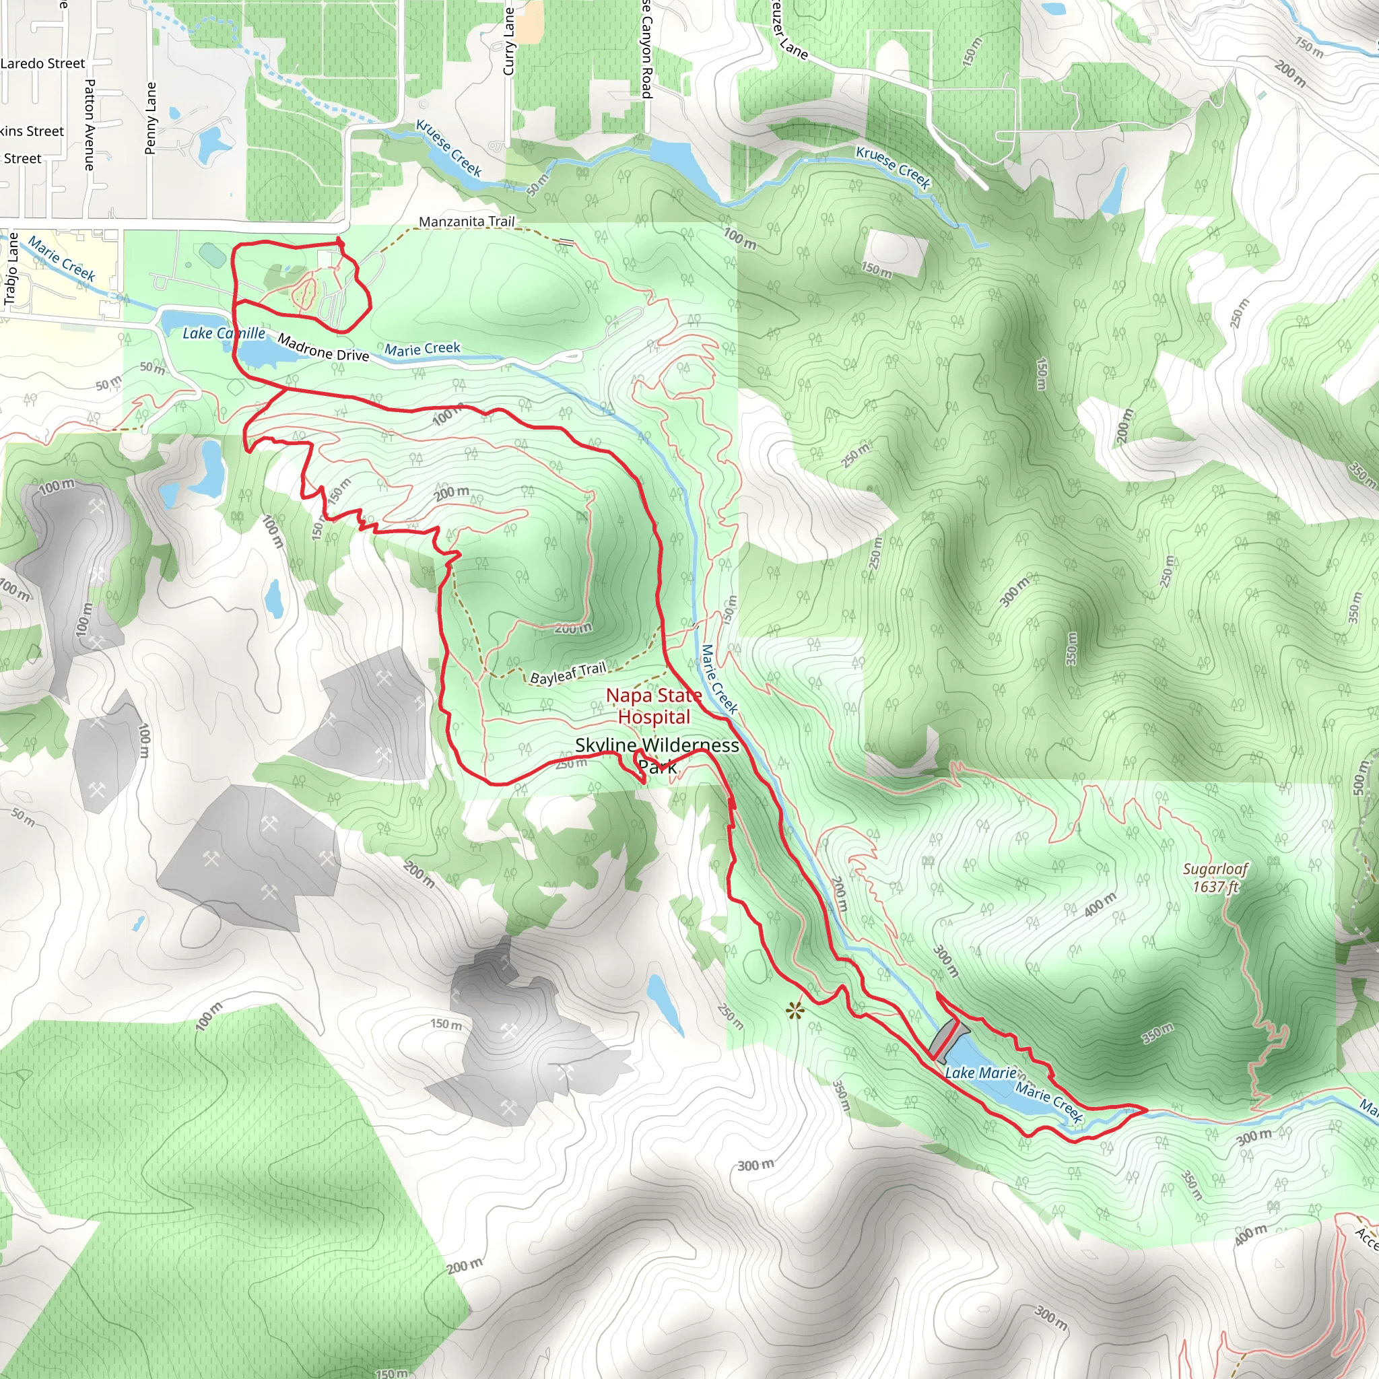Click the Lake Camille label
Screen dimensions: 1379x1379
pyautogui.click(x=224, y=333)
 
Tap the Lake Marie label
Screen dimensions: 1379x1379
pyautogui.click(x=980, y=1073)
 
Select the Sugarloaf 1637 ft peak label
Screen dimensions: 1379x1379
pyautogui.click(x=1215, y=877)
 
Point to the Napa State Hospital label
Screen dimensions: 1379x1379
pyautogui.click(x=654, y=706)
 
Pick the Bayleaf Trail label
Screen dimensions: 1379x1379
pyautogui.click(x=568, y=673)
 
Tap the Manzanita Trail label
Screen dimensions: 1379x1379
pyautogui.click(x=466, y=222)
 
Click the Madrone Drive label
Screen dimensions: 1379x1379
pyautogui.click(x=323, y=347)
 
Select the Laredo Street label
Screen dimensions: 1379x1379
pyautogui.click(x=43, y=63)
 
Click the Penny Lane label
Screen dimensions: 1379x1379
pyautogui.click(x=151, y=118)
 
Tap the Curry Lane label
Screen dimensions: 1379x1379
pyautogui.click(x=509, y=40)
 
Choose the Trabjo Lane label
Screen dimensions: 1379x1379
pyautogui.click(x=11, y=269)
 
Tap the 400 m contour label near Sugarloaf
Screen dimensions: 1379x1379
pyautogui.click(x=1100, y=905)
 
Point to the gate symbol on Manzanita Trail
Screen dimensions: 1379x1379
pyautogui.click(x=566, y=242)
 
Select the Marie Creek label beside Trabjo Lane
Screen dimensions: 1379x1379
pyautogui.click(x=61, y=259)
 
